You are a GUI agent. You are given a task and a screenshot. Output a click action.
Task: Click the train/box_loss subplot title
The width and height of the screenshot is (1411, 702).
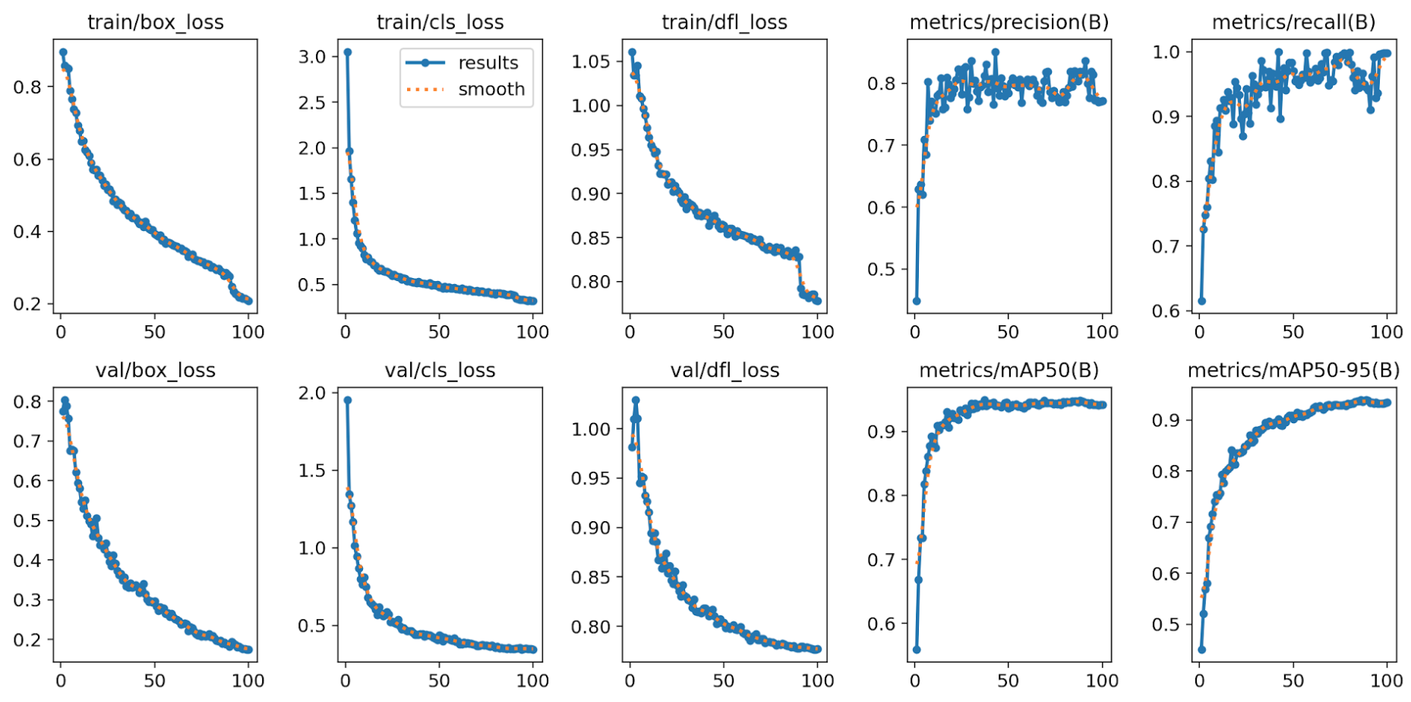[155, 22]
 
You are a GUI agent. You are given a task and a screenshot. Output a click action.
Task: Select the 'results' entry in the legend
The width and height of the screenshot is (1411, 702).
[488, 63]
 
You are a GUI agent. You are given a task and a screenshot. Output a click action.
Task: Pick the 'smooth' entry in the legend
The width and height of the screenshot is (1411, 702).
[491, 90]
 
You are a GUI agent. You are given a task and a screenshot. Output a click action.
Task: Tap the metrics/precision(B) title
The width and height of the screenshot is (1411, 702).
[1009, 22]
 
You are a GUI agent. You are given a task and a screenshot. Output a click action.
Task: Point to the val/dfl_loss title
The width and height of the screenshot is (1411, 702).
[724, 370]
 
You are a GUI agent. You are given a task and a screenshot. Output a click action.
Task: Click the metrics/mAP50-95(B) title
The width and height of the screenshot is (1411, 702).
[1293, 370]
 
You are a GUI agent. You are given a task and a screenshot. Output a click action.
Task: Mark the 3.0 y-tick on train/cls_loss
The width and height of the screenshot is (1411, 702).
[312, 57]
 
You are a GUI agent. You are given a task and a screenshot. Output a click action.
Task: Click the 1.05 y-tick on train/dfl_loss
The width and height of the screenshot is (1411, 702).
[591, 62]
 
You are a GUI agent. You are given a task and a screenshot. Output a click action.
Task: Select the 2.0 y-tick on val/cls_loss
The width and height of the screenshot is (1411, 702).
[312, 393]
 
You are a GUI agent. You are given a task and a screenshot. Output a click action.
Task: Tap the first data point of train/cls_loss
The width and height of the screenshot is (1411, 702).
[348, 52]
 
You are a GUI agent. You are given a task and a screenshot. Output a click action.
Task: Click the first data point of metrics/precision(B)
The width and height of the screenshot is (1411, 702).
[917, 301]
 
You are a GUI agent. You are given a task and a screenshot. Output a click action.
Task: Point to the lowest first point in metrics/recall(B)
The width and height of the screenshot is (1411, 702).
[1201, 301]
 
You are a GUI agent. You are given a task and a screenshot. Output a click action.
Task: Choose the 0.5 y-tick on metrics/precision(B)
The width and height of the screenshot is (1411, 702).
[881, 270]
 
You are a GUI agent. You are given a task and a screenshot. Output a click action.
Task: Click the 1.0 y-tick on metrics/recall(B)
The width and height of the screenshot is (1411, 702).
[1166, 52]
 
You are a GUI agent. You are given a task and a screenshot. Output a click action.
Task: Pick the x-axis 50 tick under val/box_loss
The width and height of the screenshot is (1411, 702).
[154, 681]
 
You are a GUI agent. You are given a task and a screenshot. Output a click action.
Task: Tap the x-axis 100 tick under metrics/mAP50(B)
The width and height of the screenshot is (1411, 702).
[1102, 681]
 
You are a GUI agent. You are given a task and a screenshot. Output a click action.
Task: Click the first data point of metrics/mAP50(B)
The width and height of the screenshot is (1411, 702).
[917, 650]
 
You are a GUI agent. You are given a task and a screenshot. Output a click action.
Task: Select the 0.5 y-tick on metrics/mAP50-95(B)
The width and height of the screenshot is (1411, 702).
[1166, 625]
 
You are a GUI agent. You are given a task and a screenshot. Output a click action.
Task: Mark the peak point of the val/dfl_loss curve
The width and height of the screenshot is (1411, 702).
[636, 400]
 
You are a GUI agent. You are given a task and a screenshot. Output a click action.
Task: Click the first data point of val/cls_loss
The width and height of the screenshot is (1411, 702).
[348, 400]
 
